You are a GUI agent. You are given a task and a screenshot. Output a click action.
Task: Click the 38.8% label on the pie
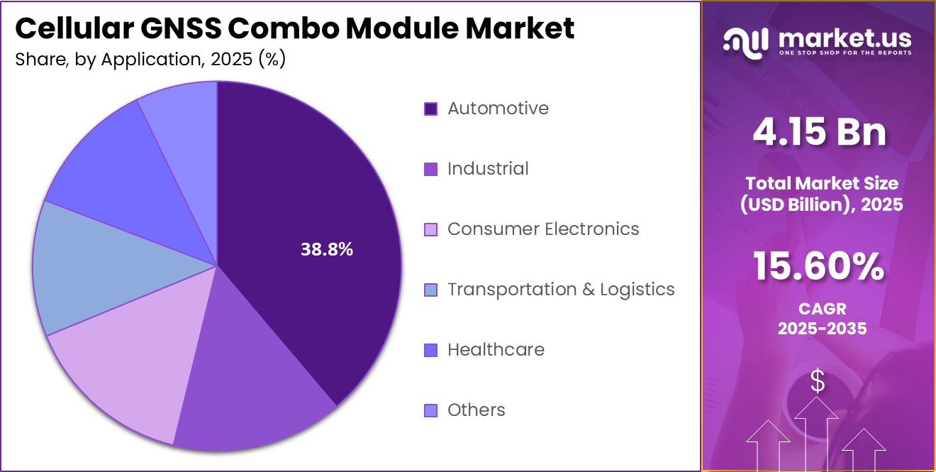coord(327,249)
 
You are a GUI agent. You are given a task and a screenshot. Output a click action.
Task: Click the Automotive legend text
coord(498,109)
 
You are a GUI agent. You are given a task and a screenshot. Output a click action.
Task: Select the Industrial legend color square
coord(430,169)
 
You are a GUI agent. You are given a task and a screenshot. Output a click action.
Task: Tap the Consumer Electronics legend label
coord(543,229)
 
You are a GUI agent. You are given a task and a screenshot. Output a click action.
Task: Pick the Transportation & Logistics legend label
coord(561,290)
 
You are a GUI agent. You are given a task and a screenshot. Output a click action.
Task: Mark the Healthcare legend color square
coord(430,350)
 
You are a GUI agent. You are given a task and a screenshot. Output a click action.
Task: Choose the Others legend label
coord(476,410)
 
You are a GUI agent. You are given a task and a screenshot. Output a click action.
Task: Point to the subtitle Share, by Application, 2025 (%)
coord(150,60)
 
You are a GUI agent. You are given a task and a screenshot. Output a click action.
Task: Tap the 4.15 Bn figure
coord(819,132)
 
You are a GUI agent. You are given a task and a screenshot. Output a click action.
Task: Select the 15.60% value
coord(819,267)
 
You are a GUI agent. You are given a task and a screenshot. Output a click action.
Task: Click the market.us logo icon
coord(745,43)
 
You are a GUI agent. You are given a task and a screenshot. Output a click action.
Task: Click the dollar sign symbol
coord(818,382)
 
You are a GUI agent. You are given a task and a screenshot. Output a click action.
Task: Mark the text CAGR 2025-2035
coord(821,319)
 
